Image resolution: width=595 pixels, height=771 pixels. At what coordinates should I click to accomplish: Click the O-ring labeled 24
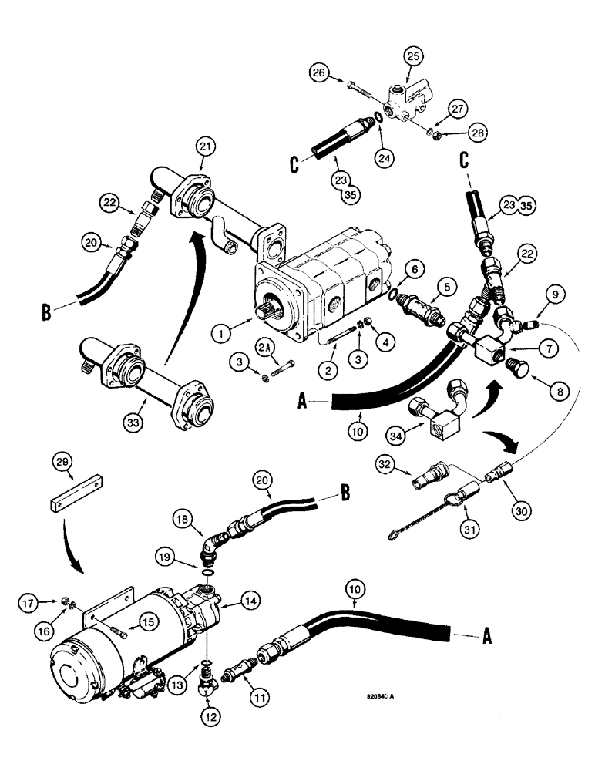coord(375,117)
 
